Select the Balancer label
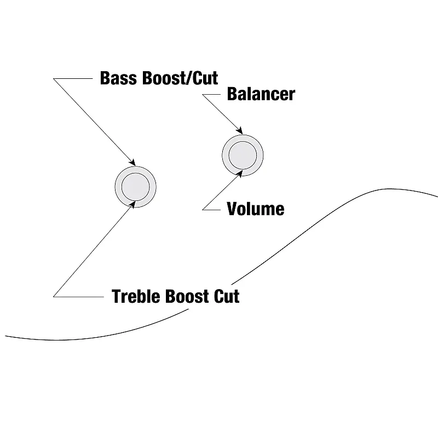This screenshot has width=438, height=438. tap(261, 94)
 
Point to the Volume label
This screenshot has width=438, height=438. tap(255, 209)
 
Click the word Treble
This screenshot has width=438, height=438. tap(135, 296)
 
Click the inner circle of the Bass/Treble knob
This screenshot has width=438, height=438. tap(135, 186)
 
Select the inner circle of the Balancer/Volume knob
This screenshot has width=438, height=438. tap(243, 153)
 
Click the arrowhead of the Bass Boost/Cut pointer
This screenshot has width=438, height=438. tap(132, 162)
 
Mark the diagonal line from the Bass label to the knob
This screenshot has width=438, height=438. tap(93, 120)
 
